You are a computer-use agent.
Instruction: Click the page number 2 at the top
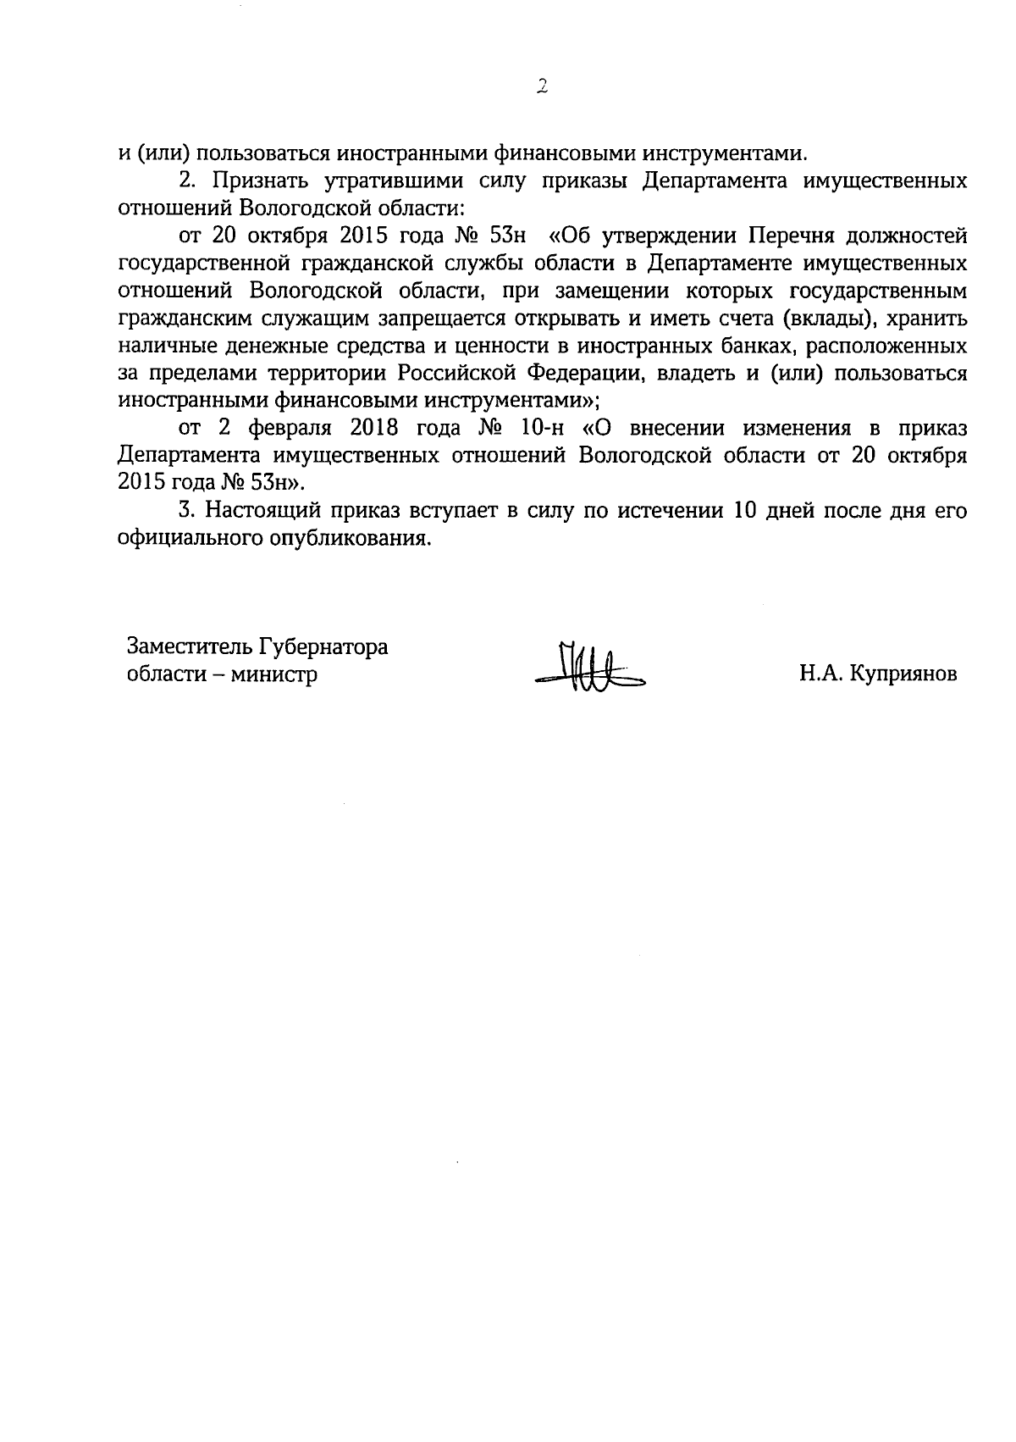pos(543,86)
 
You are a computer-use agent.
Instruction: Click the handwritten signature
pos(589,668)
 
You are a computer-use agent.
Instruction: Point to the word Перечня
pos(792,235)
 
